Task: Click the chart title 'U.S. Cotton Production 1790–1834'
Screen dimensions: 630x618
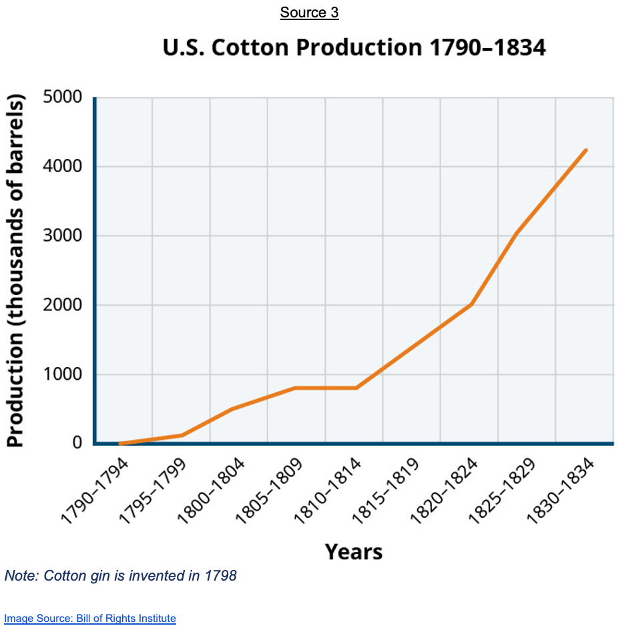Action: pyautogui.click(x=354, y=48)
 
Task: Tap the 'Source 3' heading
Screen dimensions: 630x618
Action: pyautogui.click(x=309, y=13)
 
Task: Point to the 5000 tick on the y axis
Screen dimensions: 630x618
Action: pyautogui.click(x=62, y=97)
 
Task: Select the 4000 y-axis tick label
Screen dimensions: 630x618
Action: pyautogui.click(x=62, y=166)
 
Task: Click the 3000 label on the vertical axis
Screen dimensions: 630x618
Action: pyautogui.click(x=62, y=236)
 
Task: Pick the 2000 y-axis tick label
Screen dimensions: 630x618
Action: pyautogui.click(x=62, y=305)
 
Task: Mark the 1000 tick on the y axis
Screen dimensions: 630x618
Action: pyautogui.click(x=62, y=374)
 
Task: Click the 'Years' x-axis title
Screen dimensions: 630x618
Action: pyautogui.click(x=354, y=552)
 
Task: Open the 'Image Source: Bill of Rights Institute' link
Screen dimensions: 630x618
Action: pyautogui.click(x=90, y=618)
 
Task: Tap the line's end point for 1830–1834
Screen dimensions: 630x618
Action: pyautogui.click(x=585, y=150)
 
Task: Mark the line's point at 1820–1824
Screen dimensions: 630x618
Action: pyautogui.click(x=471, y=304)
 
